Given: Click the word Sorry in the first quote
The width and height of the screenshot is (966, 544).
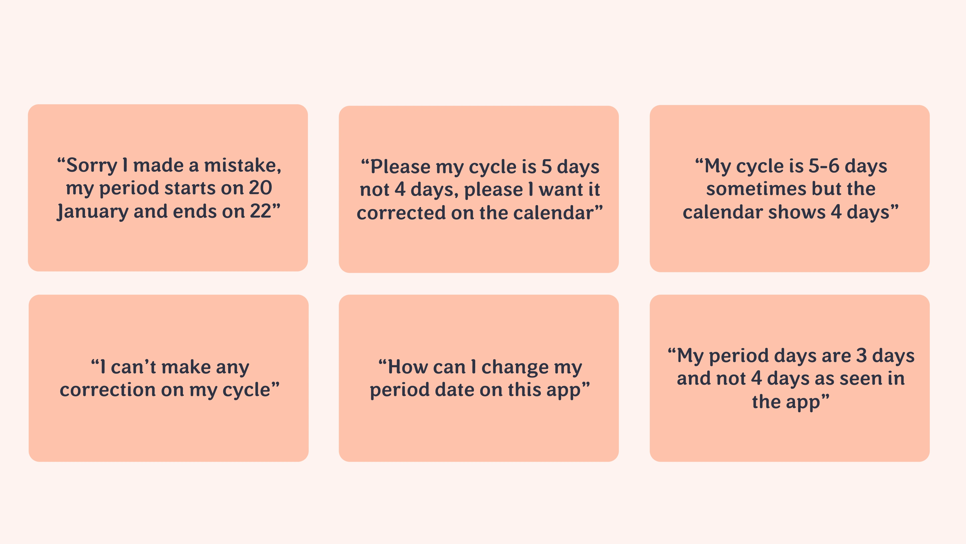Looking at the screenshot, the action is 92,165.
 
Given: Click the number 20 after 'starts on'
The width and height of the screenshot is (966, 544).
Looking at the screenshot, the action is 261,188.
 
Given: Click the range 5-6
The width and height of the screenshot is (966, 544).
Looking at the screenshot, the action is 824,166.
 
